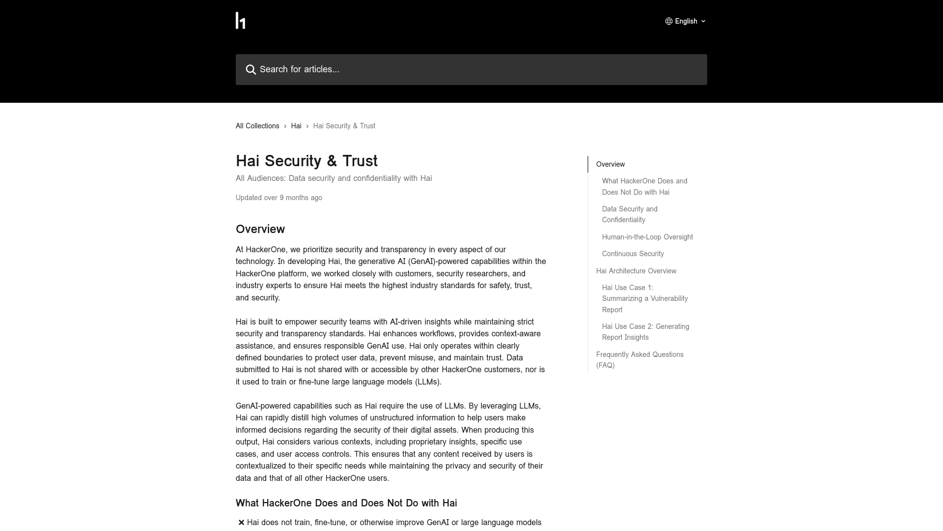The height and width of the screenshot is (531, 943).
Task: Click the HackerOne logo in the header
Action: pyautogui.click(x=240, y=21)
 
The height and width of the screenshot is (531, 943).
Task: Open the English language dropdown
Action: pyautogui.click(x=686, y=21)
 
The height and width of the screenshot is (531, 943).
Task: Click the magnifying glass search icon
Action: pyautogui.click(x=251, y=70)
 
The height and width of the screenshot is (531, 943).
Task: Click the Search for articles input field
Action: pyautogui.click(x=471, y=69)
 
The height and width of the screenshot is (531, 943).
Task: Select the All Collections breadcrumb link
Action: pyautogui.click(x=257, y=126)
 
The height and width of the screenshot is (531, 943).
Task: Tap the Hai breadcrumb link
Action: pyautogui.click(x=296, y=126)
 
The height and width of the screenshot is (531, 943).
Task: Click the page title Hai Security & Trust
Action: pyautogui.click(x=306, y=161)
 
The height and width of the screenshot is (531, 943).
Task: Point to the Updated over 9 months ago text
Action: pyautogui.click(x=279, y=198)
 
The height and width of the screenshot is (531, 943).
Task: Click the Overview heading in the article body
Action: pyautogui.click(x=260, y=229)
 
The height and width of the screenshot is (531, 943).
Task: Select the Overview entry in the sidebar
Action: pyautogui.click(x=610, y=164)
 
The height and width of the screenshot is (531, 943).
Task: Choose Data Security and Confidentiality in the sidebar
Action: pyautogui.click(x=630, y=214)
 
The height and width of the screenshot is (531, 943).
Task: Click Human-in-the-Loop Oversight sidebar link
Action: pyautogui.click(x=647, y=237)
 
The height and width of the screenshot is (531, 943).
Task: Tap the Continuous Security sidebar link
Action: pyautogui.click(x=633, y=254)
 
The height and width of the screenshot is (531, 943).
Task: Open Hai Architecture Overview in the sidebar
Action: pyautogui.click(x=636, y=271)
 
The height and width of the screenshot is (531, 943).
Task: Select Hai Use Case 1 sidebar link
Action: pyautogui.click(x=644, y=298)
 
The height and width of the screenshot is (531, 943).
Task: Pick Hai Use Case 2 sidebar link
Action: pyautogui.click(x=645, y=332)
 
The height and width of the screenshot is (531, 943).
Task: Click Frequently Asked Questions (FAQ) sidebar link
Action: pyautogui.click(x=639, y=360)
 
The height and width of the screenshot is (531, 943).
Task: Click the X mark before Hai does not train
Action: pyautogui.click(x=241, y=523)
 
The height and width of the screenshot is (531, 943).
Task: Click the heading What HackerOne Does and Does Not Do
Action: pyautogui.click(x=346, y=503)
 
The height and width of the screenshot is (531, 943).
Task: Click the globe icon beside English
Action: pyautogui.click(x=669, y=21)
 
